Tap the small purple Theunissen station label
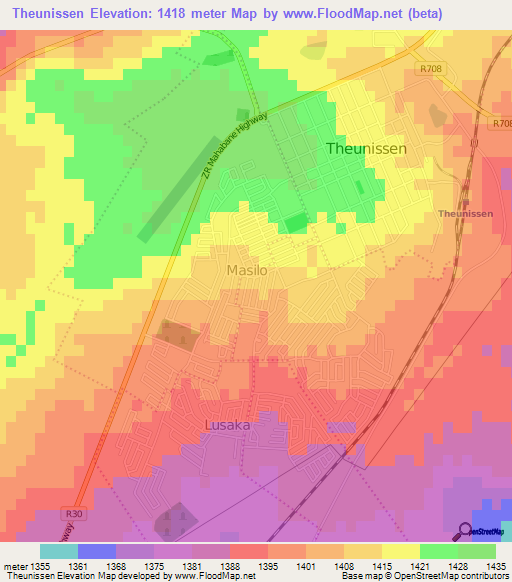coord(465,214)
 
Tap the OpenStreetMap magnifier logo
coord(466,531)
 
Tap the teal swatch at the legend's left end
coord(58,551)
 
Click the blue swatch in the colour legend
coord(96,551)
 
